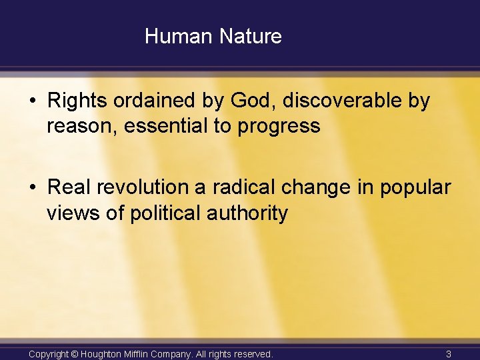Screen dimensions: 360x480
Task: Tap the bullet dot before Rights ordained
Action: pos(33,102)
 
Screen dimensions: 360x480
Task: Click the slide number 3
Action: pos(449,354)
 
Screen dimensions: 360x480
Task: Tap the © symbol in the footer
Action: pos(75,354)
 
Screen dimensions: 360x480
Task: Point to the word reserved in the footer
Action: pos(251,354)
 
